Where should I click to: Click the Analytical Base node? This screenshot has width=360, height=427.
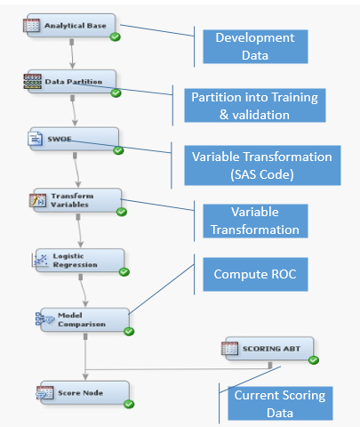[71, 26]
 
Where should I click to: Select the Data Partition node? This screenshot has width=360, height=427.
[72, 82]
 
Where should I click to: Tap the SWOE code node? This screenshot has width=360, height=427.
[74, 139]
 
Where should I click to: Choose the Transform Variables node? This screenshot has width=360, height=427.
[77, 200]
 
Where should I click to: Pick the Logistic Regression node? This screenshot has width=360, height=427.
[79, 261]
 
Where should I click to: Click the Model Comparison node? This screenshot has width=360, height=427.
[84, 319]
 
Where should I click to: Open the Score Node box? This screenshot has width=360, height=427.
[84, 393]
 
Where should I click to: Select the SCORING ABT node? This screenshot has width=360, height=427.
[269, 349]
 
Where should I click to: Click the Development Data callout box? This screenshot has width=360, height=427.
[255, 46]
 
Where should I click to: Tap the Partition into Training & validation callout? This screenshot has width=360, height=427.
[255, 106]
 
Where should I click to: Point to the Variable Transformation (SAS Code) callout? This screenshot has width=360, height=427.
[262, 165]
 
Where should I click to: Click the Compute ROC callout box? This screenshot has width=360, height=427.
[255, 274]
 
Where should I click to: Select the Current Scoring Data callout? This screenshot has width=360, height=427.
[280, 404]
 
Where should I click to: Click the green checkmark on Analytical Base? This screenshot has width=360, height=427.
[115, 37]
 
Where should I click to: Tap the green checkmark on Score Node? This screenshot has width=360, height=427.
[129, 404]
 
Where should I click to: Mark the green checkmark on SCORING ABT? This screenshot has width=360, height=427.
[314, 360]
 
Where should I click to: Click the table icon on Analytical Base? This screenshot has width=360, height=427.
[31, 25]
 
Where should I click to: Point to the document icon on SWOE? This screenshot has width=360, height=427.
[36, 139]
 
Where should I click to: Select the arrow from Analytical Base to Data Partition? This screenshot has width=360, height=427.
[72, 54]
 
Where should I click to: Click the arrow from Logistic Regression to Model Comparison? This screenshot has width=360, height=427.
[84, 291]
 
